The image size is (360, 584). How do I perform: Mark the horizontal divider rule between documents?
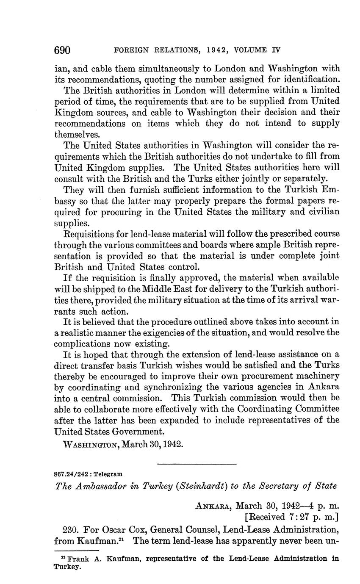[197, 464]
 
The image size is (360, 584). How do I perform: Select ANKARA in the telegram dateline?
[213, 506]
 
